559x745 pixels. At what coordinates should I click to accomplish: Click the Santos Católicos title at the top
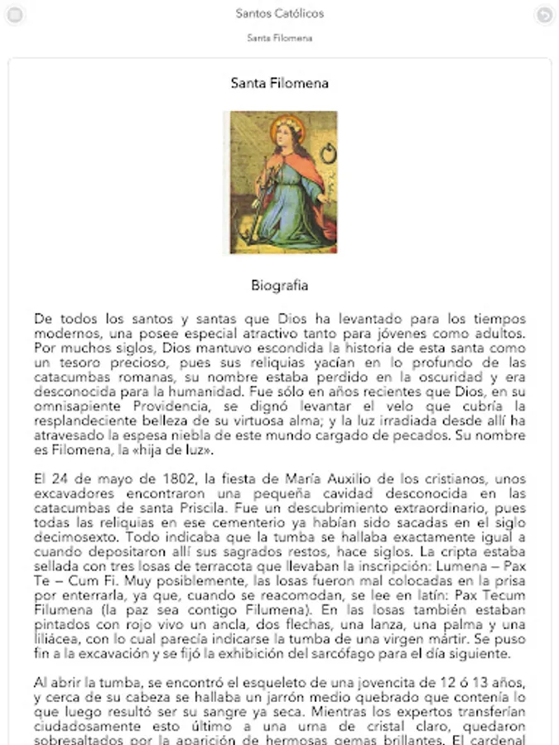click(279, 13)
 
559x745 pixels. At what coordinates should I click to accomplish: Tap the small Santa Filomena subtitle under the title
click(279, 38)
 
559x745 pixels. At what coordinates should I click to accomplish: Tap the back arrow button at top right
click(543, 14)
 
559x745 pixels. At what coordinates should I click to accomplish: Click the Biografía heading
click(279, 286)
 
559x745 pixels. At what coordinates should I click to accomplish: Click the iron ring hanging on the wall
click(324, 153)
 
